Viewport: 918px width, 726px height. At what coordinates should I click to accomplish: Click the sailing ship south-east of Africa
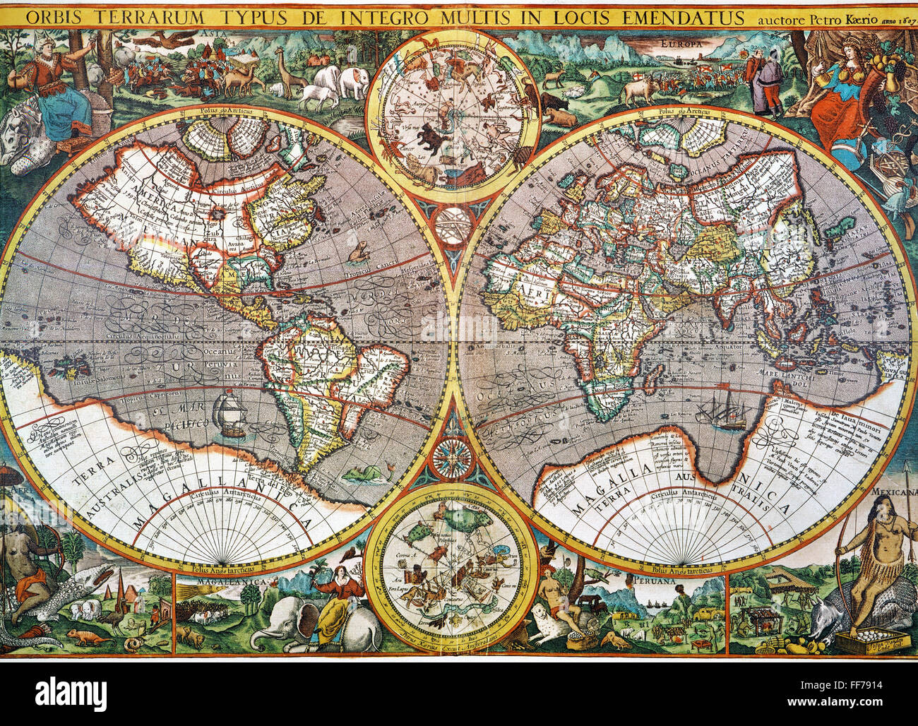721,407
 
